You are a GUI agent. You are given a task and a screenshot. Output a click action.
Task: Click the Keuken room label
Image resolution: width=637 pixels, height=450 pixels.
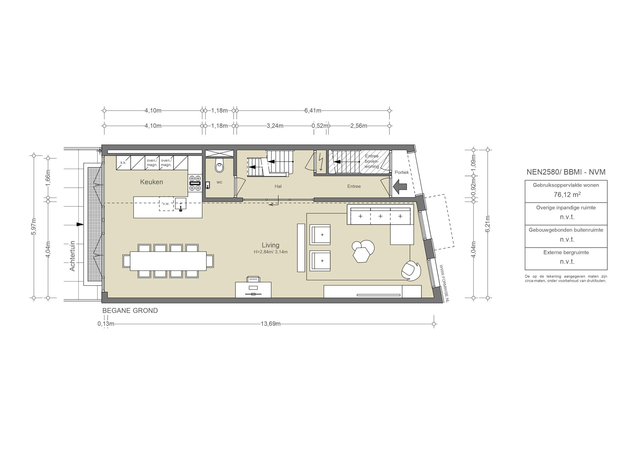click(x=151, y=182)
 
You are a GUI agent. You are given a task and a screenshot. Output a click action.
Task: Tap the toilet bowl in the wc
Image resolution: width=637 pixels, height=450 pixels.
click(x=219, y=166)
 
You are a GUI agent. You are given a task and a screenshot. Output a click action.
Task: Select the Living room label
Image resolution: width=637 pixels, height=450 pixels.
click(x=270, y=245)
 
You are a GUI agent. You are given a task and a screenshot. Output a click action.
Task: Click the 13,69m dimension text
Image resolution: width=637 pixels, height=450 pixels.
click(x=271, y=324)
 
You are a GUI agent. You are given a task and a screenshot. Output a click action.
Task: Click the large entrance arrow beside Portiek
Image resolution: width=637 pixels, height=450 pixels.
click(x=400, y=186)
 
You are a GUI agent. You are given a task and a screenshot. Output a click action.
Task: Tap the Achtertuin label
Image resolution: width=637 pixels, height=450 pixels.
click(x=72, y=256)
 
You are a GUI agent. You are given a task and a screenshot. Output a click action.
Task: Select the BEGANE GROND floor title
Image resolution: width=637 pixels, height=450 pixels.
click(x=130, y=310)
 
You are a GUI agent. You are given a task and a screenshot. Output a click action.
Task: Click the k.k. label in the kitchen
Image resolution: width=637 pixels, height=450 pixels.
click(x=123, y=163)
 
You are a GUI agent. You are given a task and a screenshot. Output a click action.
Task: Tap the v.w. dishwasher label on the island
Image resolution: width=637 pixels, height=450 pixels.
click(x=166, y=204)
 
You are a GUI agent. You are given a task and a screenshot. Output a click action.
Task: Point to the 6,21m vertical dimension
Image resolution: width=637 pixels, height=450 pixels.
click(x=488, y=224)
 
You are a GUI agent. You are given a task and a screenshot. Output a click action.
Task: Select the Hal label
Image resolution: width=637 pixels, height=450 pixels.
click(x=278, y=186)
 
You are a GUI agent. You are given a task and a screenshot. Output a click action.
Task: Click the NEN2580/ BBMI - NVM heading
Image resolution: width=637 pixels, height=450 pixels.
click(x=566, y=172)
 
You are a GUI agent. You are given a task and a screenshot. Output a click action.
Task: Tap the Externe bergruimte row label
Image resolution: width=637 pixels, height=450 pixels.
click(x=566, y=252)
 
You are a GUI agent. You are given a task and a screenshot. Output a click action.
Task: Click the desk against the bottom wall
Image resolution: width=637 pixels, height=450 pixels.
click(x=253, y=290)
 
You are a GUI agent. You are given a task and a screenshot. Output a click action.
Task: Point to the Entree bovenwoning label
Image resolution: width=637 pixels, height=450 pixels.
click(x=372, y=161)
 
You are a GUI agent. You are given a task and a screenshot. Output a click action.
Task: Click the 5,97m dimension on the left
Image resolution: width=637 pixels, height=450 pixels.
click(x=34, y=226)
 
